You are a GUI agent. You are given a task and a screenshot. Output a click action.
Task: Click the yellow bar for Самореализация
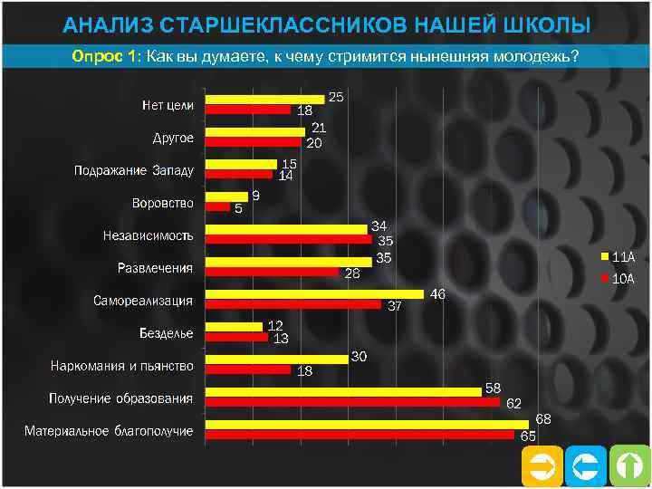pyautogui.click(x=314, y=294)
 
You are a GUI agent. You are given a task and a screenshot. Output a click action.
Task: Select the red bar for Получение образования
pyautogui.click(x=352, y=402)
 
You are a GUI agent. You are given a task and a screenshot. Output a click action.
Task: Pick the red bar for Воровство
pyautogui.click(x=218, y=206)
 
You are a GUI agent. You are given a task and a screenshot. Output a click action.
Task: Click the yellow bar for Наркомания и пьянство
pyautogui.click(x=277, y=360)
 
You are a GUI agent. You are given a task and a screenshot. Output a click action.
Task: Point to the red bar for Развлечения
pyautogui.click(x=273, y=272)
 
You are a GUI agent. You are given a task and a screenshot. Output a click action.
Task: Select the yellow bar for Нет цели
pyautogui.click(x=264, y=99)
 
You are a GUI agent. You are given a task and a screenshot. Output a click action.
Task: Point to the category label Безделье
pyautogui.click(x=166, y=332)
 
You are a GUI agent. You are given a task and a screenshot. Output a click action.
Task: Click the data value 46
pyautogui.click(x=437, y=294)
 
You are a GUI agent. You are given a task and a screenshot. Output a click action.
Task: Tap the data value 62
pyautogui.click(x=513, y=403)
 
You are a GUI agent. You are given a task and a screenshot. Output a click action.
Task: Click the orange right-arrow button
pyautogui.click(x=542, y=467)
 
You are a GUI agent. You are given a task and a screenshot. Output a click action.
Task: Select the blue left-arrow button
pyautogui.click(x=586, y=467)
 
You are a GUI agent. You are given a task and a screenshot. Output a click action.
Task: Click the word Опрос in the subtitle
pyautogui.click(x=99, y=55)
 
